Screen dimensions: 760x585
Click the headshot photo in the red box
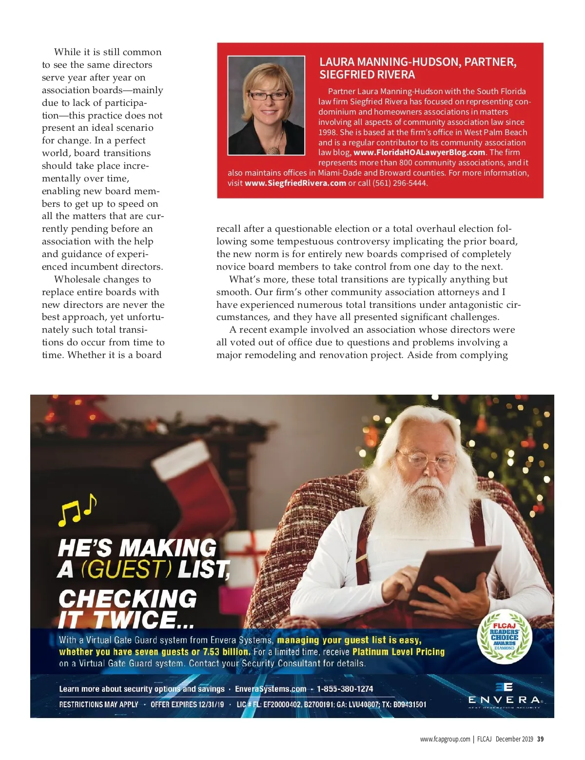[x=266, y=105]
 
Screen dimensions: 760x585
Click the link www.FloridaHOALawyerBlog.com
[x=419, y=152]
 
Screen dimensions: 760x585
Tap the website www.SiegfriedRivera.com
[x=295, y=183]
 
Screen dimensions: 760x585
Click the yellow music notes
[x=77, y=510]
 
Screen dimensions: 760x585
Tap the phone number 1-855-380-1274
[x=345, y=689]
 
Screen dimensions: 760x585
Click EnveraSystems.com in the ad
[x=271, y=689]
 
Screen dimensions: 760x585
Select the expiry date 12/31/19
[x=211, y=704]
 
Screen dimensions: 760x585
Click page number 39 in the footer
[x=540, y=739]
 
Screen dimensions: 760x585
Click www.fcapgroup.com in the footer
[x=445, y=739]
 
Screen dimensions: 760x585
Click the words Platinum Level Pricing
[x=398, y=652]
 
